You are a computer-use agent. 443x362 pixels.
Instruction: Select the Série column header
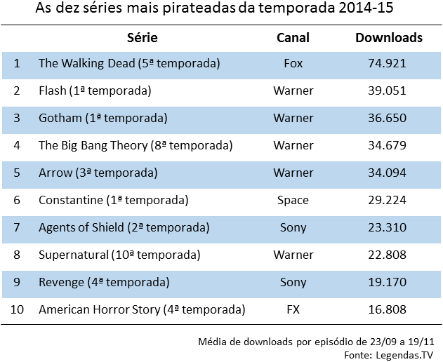[x=143, y=38]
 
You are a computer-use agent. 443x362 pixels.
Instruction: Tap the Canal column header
[x=293, y=38]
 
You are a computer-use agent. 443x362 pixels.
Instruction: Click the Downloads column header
[x=388, y=38]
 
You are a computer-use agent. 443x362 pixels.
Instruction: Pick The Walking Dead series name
[x=129, y=64]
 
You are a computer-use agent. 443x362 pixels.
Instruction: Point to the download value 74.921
[x=388, y=64]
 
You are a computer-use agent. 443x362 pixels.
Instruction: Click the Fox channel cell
[x=293, y=64]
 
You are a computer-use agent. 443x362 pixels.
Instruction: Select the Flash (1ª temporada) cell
[x=95, y=91]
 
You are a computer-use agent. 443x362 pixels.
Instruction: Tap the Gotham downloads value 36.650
[x=388, y=119]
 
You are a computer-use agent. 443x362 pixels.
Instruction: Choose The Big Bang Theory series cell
[x=135, y=146]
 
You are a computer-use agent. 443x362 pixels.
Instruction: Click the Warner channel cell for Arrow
[x=293, y=173]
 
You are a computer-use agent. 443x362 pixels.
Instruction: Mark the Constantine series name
[x=113, y=201]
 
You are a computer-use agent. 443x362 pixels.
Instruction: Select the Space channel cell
[x=293, y=201]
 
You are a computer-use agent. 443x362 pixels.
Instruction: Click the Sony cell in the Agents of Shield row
[x=293, y=228]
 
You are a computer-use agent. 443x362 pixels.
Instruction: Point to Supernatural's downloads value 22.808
[x=388, y=255]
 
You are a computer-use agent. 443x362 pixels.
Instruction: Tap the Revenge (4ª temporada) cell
[x=104, y=283]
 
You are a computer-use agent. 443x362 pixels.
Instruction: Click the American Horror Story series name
[x=142, y=310]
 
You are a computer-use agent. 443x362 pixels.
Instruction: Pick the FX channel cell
[x=293, y=310]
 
